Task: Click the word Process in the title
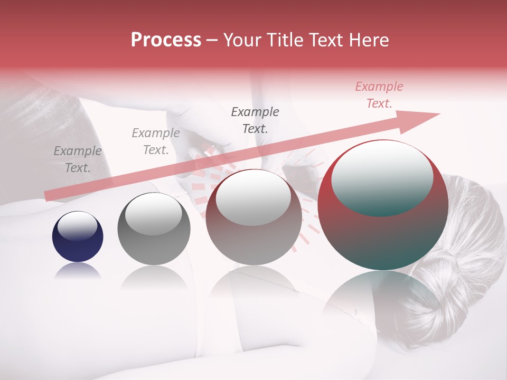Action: click(166, 40)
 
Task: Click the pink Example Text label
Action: click(379, 95)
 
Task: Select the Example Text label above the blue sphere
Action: click(78, 159)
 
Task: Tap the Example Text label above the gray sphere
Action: click(156, 141)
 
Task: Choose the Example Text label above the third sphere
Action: click(255, 120)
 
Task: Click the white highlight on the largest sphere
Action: click(382, 177)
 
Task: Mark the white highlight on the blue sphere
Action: click(78, 226)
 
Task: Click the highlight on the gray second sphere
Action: click(153, 214)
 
